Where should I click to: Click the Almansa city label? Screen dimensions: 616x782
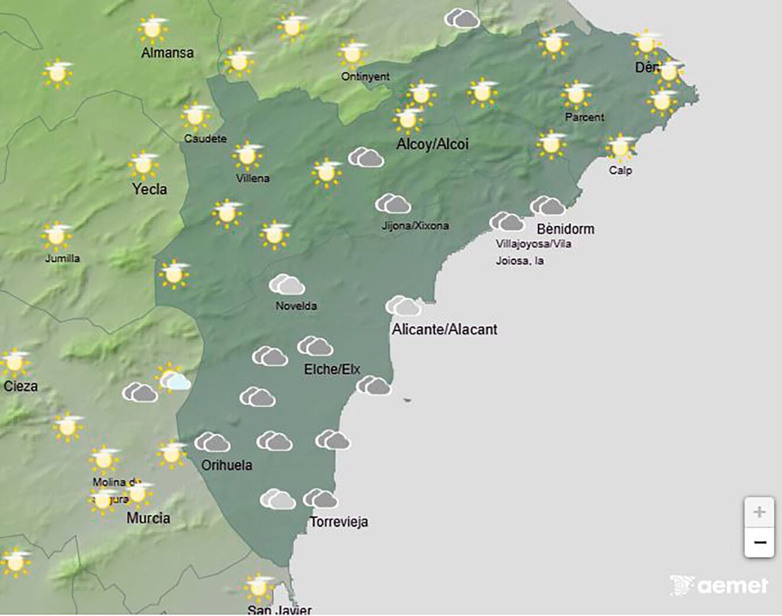[x=167, y=53]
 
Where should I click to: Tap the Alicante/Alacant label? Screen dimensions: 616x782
[x=444, y=329]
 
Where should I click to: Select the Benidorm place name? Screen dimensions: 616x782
[x=565, y=229]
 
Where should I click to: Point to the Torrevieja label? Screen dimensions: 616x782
[x=339, y=522]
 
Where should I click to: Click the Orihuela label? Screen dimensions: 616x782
[x=226, y=465]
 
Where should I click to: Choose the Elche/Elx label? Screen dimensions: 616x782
[x=332, y=369]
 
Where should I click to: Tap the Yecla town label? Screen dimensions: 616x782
[x=149, y=189]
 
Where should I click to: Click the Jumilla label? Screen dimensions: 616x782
[x=62, y=258]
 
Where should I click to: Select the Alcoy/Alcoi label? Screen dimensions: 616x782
[x=432, y=144]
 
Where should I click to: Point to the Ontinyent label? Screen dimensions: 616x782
[x=366, y=76]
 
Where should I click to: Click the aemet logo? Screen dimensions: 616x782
[x=719, y=585]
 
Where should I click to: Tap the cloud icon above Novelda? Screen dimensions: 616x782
[x=287, y=285]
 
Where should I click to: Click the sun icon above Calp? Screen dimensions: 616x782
[x=620, y=147]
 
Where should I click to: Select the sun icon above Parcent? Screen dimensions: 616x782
[x=576, y=95]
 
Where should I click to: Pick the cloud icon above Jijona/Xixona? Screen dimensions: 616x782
[x=393, y=204]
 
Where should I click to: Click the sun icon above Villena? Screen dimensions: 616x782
[x=248, y=155]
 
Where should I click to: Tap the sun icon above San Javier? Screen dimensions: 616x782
[x=259, y=587]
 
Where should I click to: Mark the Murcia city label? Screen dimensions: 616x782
[x=148, y=518]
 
